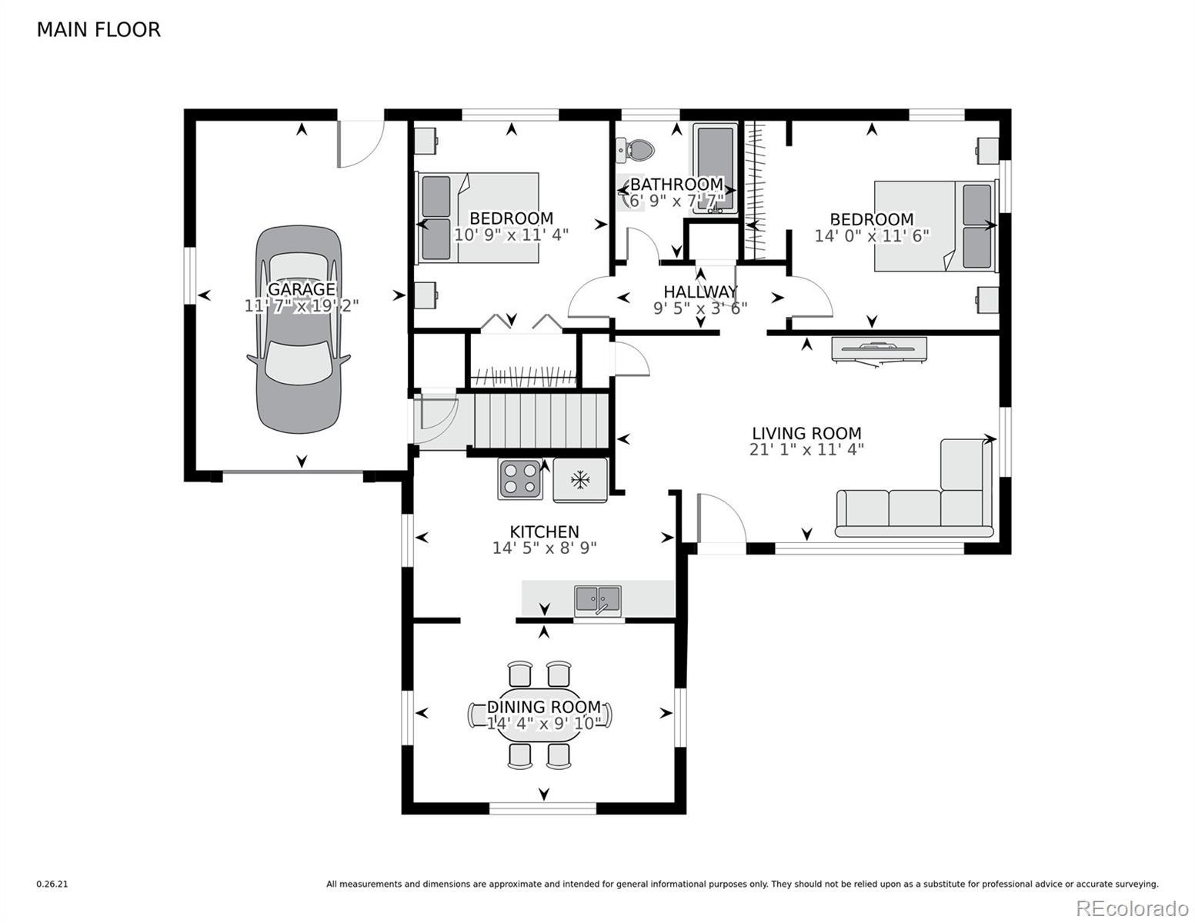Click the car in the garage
(x=299, y=328)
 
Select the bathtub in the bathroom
(x=715, y=168)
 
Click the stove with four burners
(x=519, y=478)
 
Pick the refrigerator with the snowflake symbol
(x=580, y=480)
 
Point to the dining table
(x=540, y=715)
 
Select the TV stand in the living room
(x=879, y=351)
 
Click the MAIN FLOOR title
(x=98, y=30)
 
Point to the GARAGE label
(x=302, y=288)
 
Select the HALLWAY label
(x=700, y=292)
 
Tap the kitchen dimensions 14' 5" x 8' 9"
(x=545, y=548)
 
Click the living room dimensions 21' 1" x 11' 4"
(x=806, y=450)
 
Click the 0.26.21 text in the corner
(x=52, y=885)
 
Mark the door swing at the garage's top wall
(x=360, y=144)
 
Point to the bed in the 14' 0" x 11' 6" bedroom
(x=935, y=226)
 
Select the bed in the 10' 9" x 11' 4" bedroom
(x=477, y=217)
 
